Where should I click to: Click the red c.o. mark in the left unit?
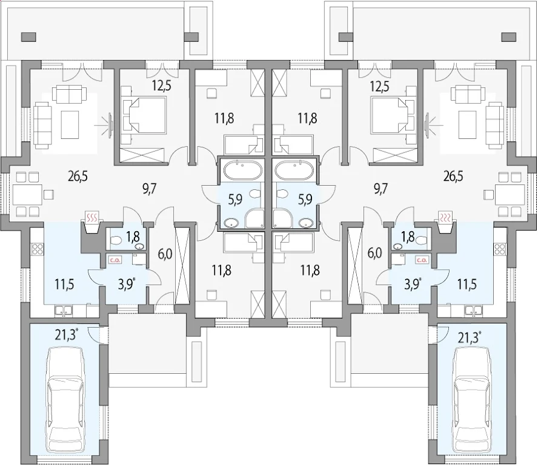114,260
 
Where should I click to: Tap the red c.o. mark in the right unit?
422,260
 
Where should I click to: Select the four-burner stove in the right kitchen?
500,249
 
